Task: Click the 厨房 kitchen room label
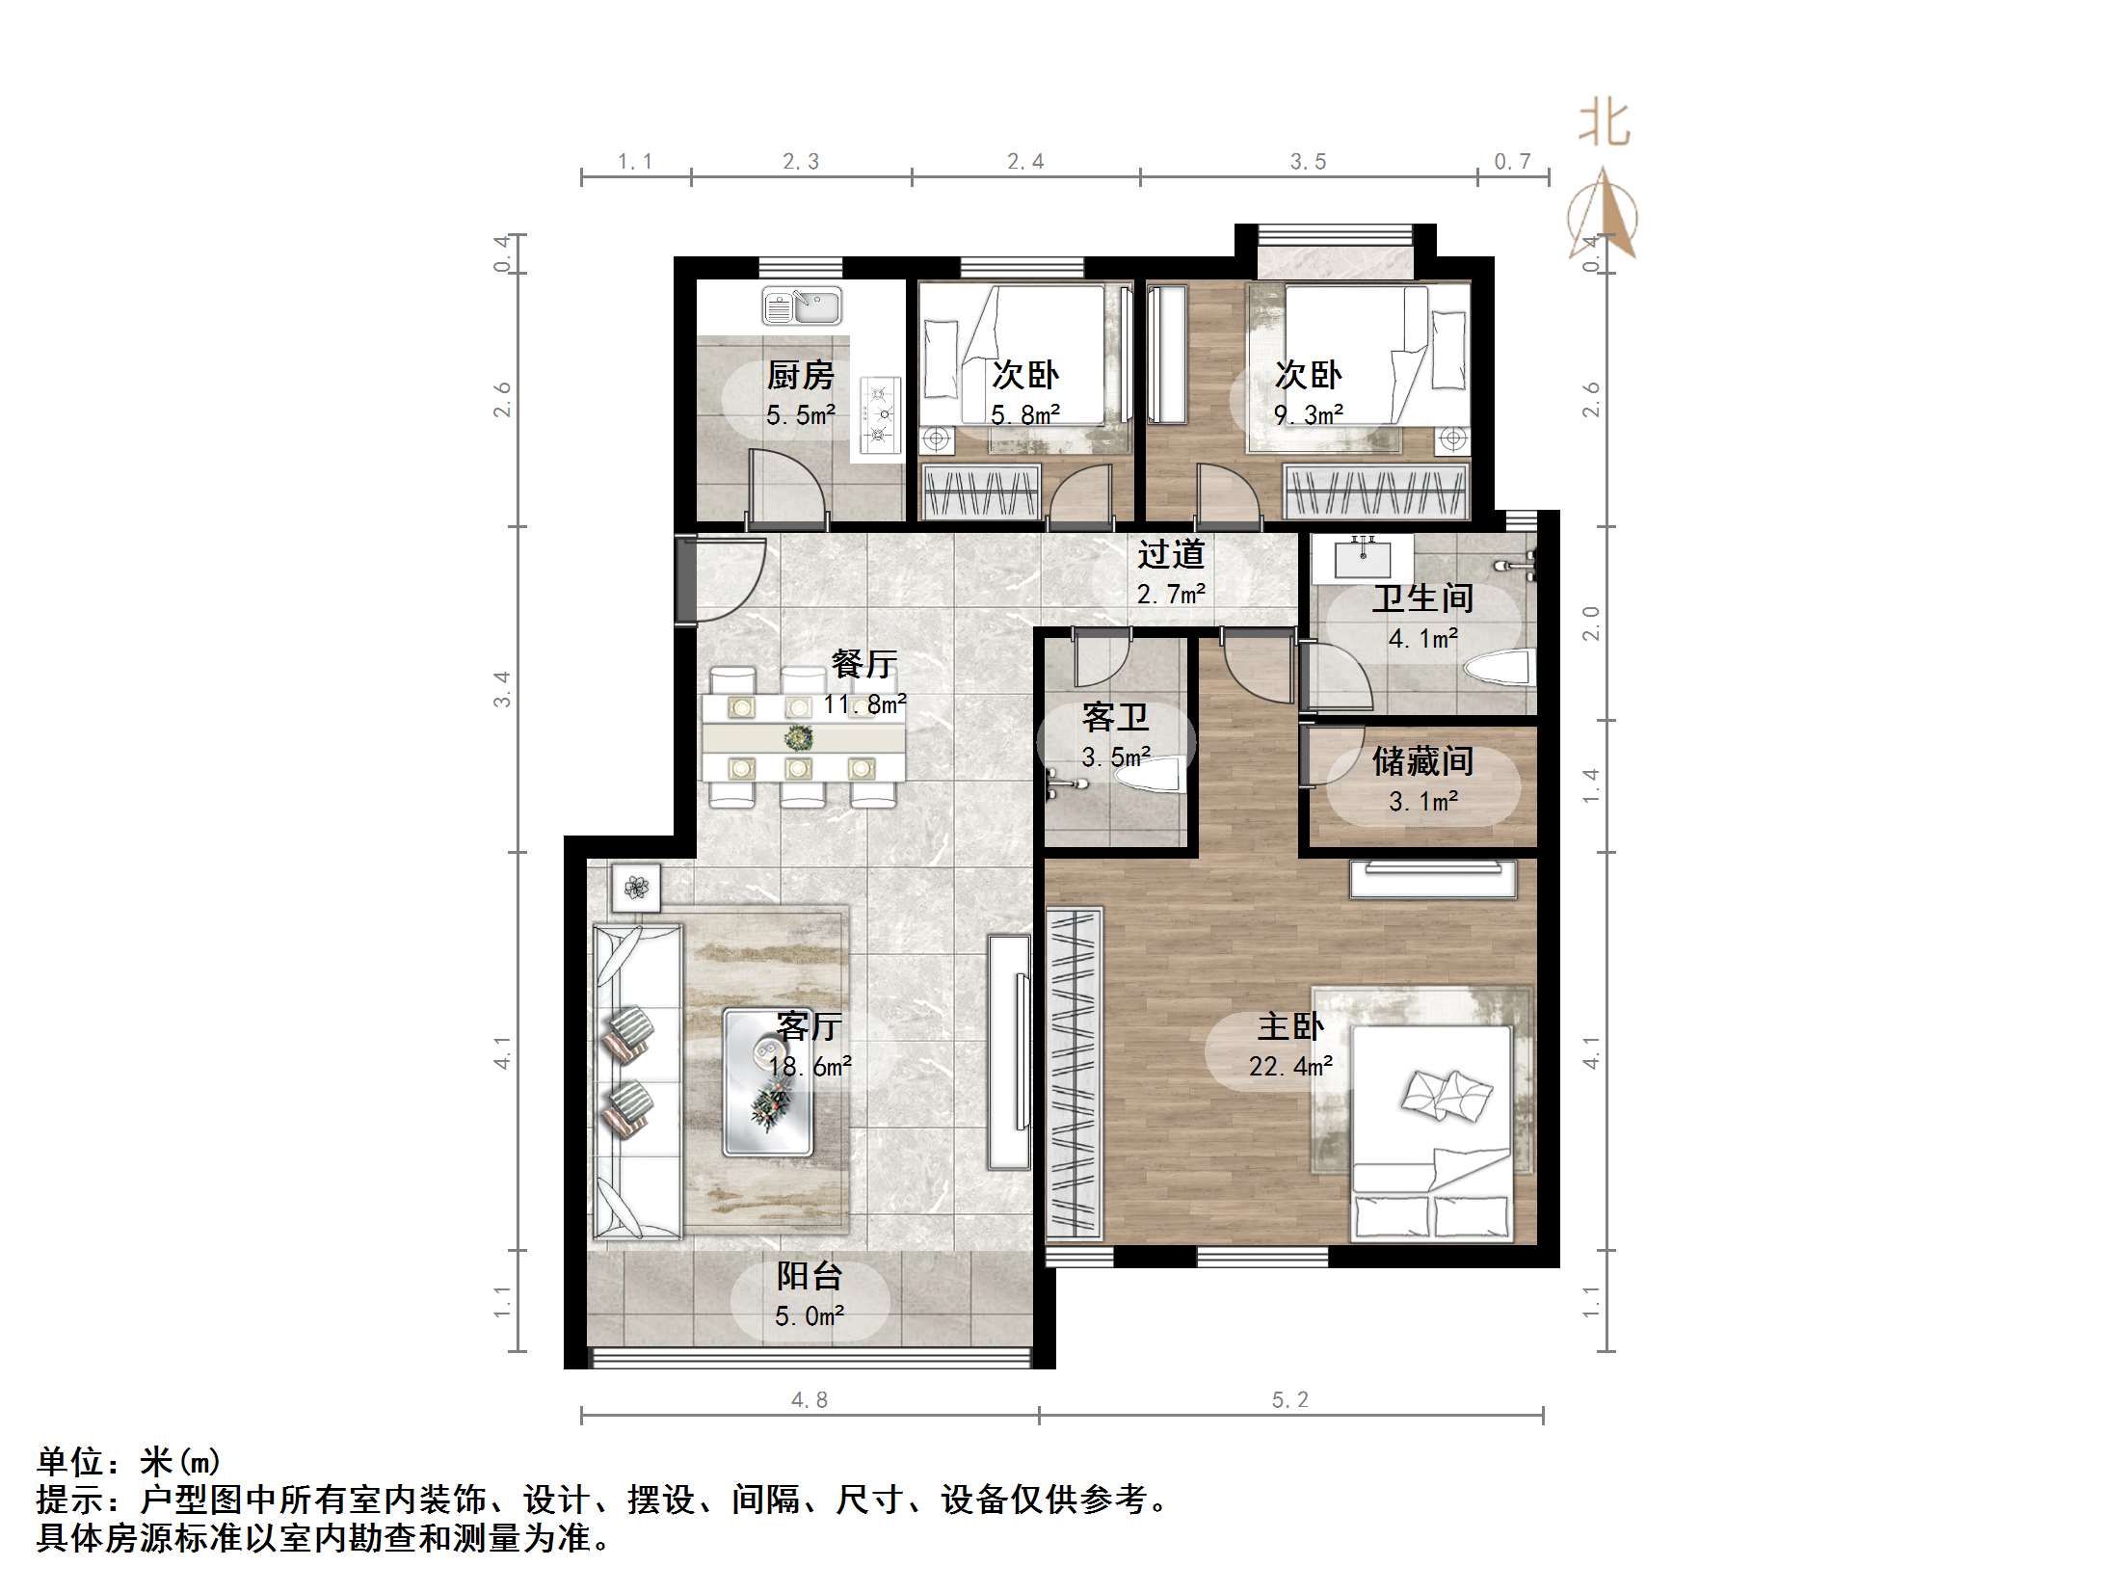(800, 374)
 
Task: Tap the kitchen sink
(802, 305)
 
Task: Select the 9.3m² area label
(1309, 414)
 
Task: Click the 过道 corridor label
(1171, 554)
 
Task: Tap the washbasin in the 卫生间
(1364, 557)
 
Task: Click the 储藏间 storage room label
(1422, 761)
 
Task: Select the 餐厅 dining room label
(863, 664)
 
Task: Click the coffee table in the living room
(768, 1082)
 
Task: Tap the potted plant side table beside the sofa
(635, 887)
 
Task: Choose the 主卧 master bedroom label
(1290, 1026)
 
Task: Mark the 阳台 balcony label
(810, 1276)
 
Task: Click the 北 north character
(1604, 124)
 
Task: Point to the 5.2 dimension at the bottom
(1290, 1400)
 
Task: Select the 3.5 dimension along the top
(1309, 162)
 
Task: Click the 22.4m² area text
(1290, 1066)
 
